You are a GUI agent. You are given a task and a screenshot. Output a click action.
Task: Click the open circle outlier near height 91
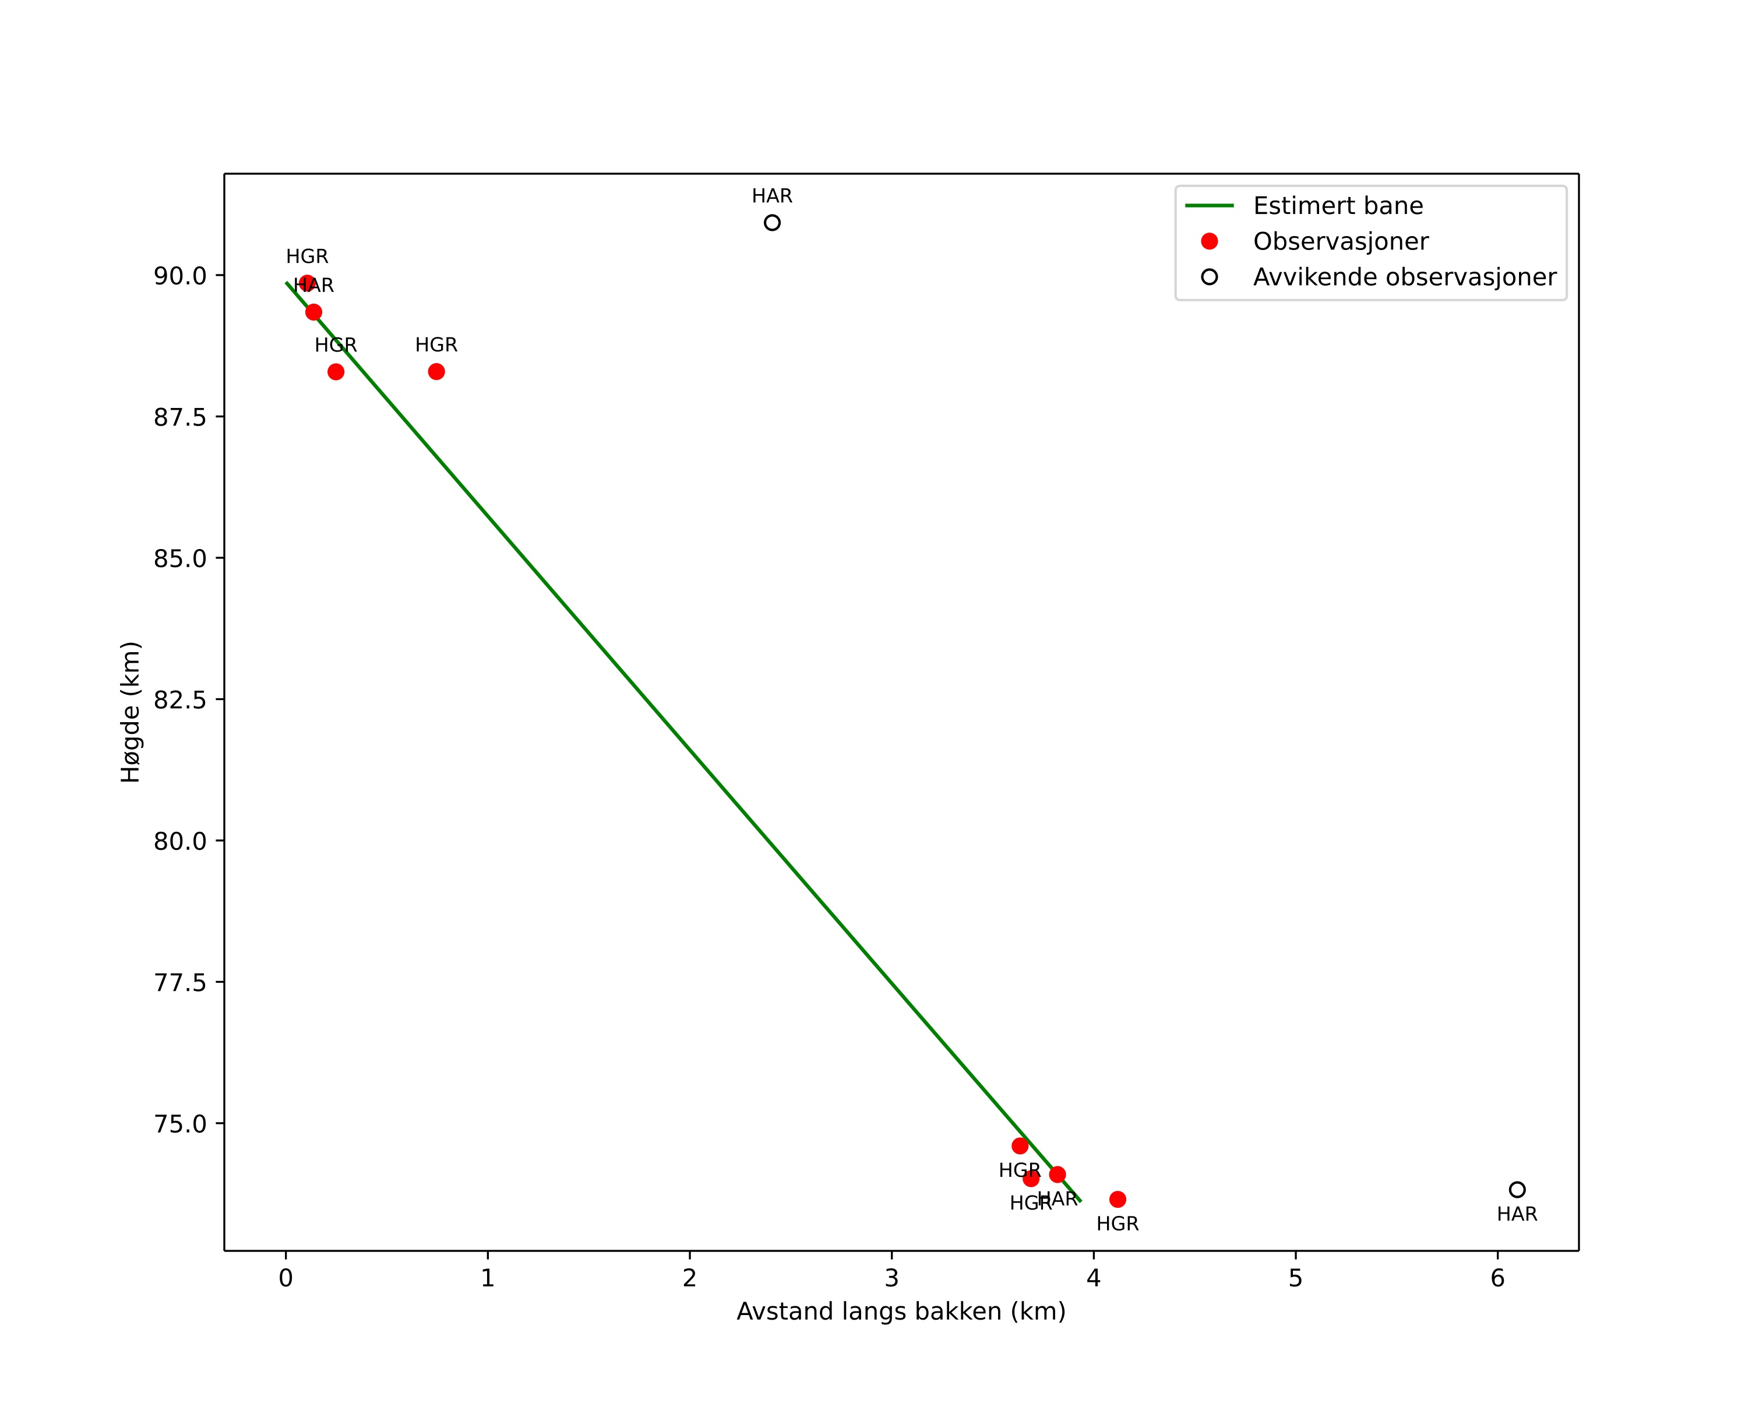[x=772, y=223]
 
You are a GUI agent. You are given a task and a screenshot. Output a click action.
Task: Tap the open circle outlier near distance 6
[x=1517, y=1190]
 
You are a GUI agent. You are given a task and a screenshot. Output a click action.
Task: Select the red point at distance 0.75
[x=436, y=372]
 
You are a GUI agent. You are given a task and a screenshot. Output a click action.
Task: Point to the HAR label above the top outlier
[x=772, y=196]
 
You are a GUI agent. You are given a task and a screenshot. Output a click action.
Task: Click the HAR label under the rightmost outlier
[x=1517, y=1214]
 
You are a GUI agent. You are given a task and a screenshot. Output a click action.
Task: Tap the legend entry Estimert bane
[x=1337, y=206]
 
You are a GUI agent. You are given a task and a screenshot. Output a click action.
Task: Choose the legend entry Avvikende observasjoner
[x=1404, y=277]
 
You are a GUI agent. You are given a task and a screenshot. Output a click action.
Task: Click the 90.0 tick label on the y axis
[x=180, y=276]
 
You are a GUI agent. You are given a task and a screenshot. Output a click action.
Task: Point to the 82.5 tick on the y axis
[x=180, y=700]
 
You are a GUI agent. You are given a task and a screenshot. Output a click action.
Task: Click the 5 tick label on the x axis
[x=1296, y=1279]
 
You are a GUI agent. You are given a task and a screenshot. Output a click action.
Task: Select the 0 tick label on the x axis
[x=285, y=1279]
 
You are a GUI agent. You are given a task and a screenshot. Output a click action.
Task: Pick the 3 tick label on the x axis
[x=892, y=1279]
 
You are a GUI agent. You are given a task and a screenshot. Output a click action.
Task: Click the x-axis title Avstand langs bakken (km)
[x=901, y=1312]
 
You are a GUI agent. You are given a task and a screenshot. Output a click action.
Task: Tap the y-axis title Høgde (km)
[x=131, y=712]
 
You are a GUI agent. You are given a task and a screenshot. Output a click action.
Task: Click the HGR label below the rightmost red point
[x=1118, y=1224]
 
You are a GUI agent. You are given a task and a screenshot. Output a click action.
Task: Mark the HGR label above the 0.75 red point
[x=436, y=345]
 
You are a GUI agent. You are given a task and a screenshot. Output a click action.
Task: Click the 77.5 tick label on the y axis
[x=180, y=982]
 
